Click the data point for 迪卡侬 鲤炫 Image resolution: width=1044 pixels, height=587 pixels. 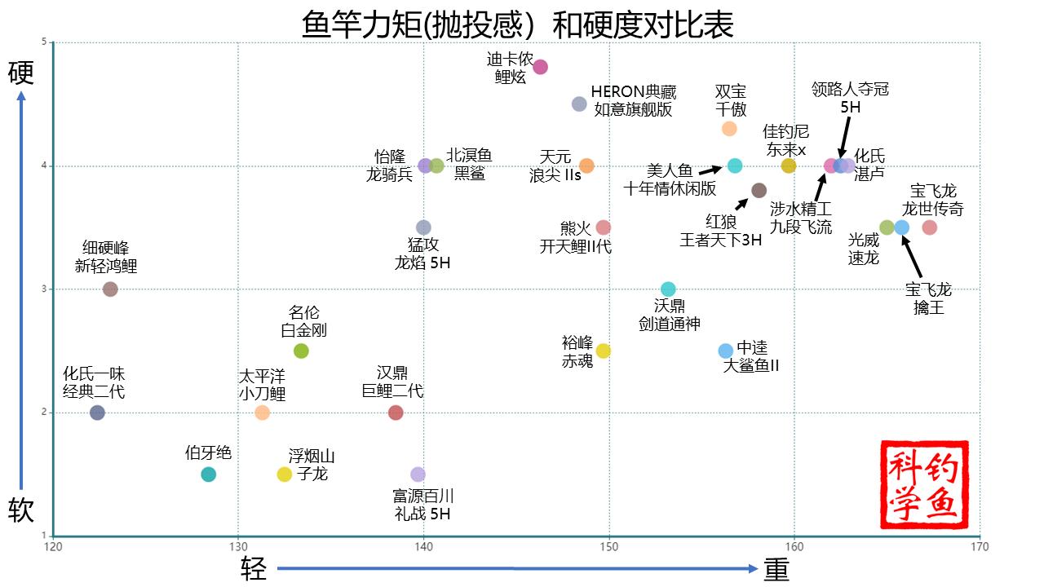(x=540, y=67)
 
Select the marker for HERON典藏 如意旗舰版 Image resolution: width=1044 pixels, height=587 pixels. (x=579, y=104)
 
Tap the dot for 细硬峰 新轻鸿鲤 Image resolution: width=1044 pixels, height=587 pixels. (x=110, y=289)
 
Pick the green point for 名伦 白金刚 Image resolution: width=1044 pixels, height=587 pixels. (x=301, y=351)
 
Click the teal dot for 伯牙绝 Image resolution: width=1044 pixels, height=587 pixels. (x=208, y=474)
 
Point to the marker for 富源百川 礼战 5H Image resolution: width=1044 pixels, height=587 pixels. (x=418, y=474)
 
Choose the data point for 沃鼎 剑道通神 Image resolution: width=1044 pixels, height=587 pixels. (x=668, y=289)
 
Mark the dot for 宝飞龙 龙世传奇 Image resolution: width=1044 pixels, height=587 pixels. (x=929, y=227)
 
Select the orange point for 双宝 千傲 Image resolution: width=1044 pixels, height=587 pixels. (x=729, y=128)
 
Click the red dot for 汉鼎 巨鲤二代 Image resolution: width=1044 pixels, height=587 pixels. (x=396, y=413)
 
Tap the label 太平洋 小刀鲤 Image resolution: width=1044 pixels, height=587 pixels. (x=262, y=386)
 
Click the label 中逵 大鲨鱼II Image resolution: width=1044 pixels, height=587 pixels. (x=751, y=357)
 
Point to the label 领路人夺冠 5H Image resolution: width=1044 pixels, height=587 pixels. (x=850, y=98)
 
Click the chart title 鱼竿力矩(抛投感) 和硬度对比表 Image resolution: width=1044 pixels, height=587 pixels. (x=518, y=24)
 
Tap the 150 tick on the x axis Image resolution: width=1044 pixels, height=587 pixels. (x=609, y=546)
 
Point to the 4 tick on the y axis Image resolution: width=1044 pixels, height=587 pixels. (x=44, y=166)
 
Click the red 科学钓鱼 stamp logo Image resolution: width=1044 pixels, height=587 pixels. (x=924, y=484)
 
